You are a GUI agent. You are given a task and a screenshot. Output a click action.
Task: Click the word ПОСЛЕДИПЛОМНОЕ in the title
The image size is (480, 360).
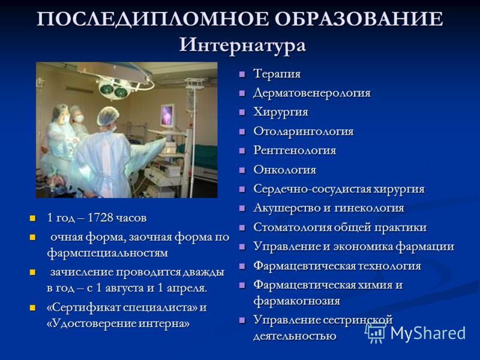tap(152, 19)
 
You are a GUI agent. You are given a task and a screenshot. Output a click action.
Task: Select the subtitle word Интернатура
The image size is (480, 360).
tap(242, 46)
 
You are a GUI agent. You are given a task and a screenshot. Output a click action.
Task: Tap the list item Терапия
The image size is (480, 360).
tap(277, 74)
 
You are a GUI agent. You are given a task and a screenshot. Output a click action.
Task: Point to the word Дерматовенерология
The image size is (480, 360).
tap(312, 93)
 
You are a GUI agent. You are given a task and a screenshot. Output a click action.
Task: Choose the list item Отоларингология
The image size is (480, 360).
tap(304, 131)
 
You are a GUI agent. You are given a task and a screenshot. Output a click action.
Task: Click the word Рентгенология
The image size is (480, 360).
tap(295, 151)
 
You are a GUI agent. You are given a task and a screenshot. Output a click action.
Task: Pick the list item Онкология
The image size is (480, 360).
tap(284, 170)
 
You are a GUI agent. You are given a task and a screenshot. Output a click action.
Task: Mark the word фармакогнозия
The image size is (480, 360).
tap(296, 301)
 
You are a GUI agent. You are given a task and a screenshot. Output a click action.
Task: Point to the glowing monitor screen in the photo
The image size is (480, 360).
tap(167, 116)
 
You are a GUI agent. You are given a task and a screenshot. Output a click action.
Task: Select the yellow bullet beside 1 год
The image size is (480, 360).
tap(33, 218)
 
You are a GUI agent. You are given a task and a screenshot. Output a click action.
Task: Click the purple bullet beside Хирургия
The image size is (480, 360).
tap(242, 112)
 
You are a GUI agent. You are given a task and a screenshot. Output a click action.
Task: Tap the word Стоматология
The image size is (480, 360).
tap(292, 228)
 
